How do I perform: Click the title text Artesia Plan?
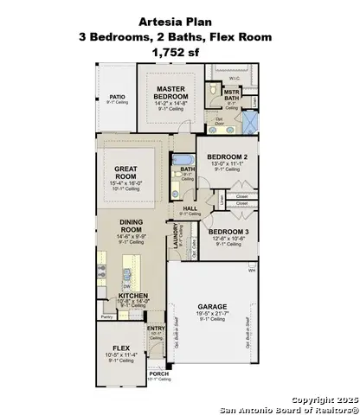[179, 21]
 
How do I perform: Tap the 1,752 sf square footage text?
[179, 52]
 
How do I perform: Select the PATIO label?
[117, 97]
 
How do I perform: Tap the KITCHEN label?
[133, 296]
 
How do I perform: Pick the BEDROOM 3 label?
[228, 232]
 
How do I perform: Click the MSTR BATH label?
[232, 93]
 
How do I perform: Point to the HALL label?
[190, 208]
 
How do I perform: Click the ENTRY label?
[156, 329]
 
